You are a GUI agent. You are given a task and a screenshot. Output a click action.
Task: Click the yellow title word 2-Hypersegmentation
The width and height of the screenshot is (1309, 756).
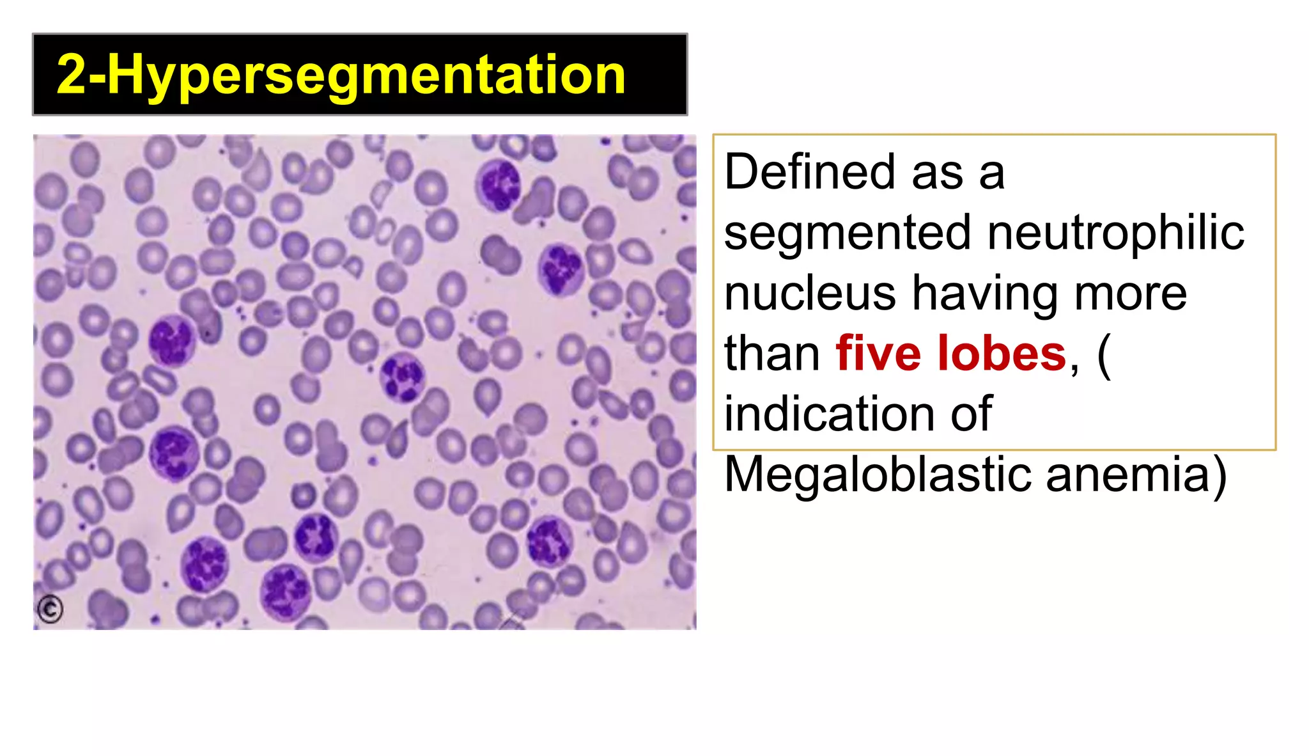click(341, 75)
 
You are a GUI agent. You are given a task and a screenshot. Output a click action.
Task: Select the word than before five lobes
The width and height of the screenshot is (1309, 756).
click(771, 354)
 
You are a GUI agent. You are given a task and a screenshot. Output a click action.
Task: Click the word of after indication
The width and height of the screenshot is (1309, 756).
click(971, 414)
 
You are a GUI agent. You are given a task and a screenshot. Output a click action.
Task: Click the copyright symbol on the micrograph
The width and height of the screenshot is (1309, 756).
click(50, 609)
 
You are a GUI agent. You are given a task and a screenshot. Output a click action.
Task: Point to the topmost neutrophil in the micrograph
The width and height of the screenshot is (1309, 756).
click(499, 184)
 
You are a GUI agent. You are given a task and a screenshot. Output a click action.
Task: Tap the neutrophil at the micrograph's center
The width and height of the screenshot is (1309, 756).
click(401, 377)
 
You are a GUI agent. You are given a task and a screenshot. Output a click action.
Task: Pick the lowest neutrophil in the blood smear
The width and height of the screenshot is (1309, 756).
click(285, 590)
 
